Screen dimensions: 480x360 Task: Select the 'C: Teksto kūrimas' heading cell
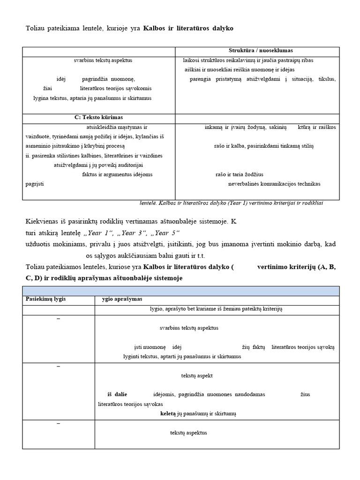(x=98, y=117)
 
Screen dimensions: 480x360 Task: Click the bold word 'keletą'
(x=168, y=414)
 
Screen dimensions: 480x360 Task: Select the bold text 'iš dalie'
(x=117, y=394)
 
